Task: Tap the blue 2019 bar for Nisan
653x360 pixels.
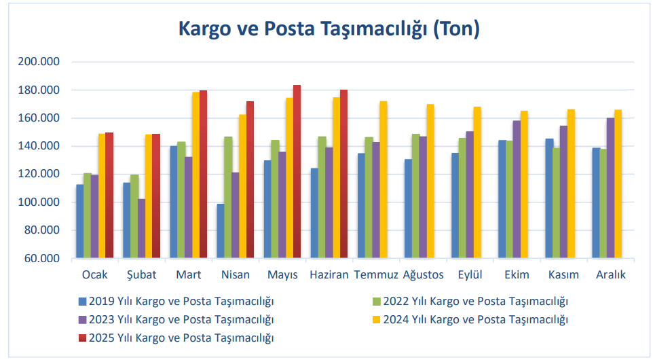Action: click(x=220, y=231)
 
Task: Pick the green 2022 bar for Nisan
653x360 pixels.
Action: click(x=228, y=198)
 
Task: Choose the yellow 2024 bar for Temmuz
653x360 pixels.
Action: click(x=384, y=180)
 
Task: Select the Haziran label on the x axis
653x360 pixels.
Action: click(x=329, y=275)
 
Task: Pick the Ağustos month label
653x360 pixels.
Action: click(x=423, y=275)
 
